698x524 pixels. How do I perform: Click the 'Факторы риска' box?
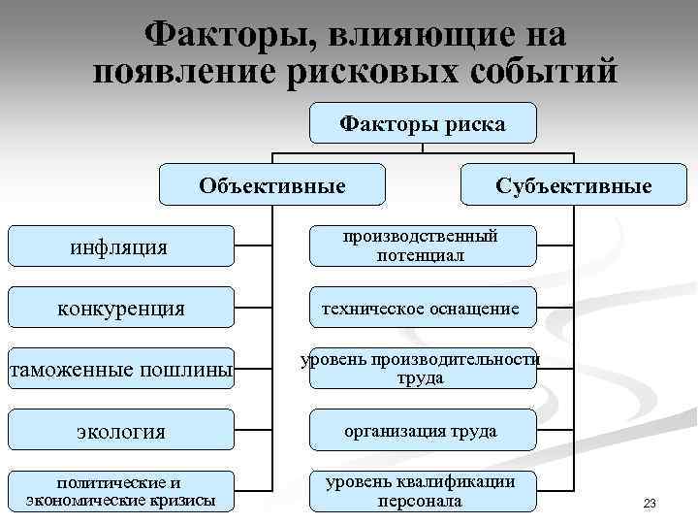tap(423, 123)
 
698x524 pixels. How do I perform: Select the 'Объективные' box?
tap(271, 184)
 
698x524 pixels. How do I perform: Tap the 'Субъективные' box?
tap(573, 184)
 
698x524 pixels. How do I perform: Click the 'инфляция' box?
tap(120, 246)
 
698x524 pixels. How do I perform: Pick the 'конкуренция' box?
tap(120, 308)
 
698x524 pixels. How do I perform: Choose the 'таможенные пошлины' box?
tap(120, 369)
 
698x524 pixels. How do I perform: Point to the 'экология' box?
tap(120, 430)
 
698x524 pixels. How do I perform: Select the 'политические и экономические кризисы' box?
tap(120, 492)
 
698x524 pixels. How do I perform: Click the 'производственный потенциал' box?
tap(423, 246)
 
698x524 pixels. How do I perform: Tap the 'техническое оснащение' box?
tap(423, 308)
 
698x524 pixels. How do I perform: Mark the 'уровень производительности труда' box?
tap(423, 369)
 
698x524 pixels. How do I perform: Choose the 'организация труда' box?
tap(423, 430)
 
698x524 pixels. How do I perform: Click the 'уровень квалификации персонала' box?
tap(423, 492)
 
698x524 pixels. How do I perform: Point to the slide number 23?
tap(650, 504)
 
